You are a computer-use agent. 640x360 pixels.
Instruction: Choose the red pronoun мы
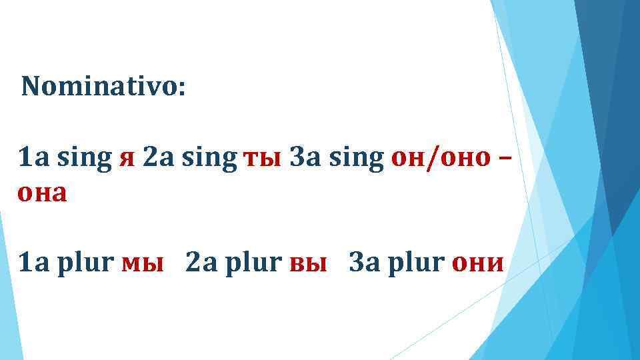[143, 264]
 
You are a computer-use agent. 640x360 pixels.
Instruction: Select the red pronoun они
[477, 264]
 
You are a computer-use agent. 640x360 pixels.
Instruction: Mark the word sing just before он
[355, 161]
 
